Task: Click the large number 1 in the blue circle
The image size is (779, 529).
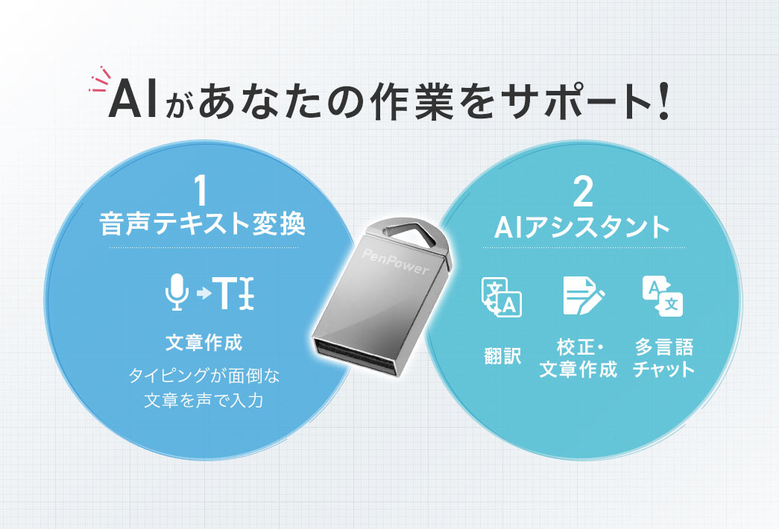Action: click(199, 191)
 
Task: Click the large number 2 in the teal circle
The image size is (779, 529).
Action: click(583, 192)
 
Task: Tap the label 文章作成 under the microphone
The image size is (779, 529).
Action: click(203, 343)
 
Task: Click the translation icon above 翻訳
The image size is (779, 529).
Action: click(502, 297)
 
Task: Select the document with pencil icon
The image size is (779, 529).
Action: click(581, 296)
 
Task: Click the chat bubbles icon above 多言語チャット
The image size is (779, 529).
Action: click(662, 295)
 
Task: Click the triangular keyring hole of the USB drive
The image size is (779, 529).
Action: click(409, 228)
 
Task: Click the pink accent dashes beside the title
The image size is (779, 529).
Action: click(98, 82)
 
